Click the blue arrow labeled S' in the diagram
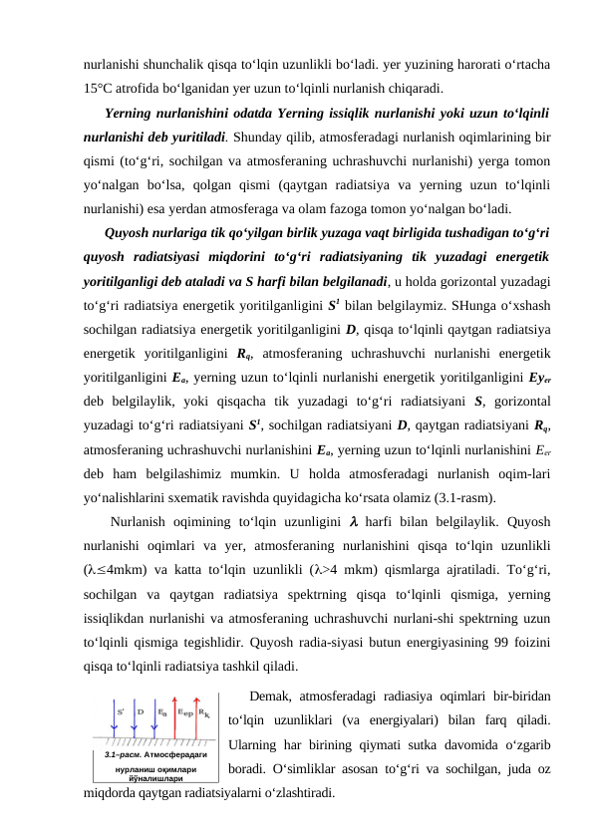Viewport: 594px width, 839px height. tap(114, 716)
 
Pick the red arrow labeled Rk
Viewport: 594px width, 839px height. tap(196, 716)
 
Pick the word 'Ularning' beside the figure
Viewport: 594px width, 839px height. tap(257, 744)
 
